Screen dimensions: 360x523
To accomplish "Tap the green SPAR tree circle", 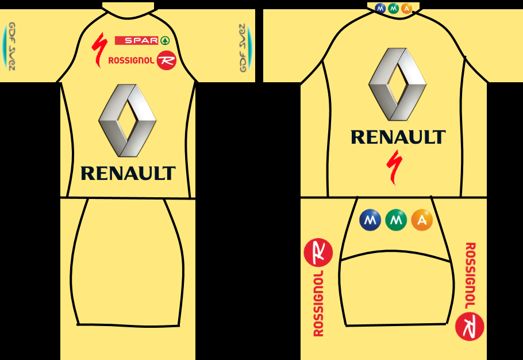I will pos(165,40).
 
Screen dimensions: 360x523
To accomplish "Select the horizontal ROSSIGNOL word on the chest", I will pos(132,60).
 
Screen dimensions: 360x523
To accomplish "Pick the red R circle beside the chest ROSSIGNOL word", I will pos(166,60).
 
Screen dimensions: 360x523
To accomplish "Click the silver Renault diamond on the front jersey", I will pos(127,120).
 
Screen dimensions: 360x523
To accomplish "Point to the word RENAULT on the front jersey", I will pos(128,173).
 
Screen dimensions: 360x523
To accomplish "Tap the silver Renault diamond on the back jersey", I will pos(397,84).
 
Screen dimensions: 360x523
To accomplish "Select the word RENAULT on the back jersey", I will pos(398,137).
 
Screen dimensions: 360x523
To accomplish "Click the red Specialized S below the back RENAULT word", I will pos(394,167).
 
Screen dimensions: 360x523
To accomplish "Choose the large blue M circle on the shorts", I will pos(370,220).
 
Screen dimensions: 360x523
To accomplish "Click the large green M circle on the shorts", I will pos(396,220).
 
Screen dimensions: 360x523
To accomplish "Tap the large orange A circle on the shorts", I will pos(422,220).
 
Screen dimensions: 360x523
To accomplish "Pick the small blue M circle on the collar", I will pos(380,9).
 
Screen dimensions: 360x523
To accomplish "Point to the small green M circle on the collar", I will pos(393,9).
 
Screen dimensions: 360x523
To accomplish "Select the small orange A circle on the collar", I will pos(406,9).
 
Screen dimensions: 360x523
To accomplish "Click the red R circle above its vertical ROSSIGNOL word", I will pos(318,252).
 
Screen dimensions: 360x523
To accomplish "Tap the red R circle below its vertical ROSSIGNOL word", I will pos(470,326).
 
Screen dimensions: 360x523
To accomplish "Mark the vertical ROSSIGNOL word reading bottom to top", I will pos(318,302).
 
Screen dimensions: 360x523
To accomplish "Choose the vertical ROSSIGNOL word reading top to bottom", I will pos(470,276).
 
